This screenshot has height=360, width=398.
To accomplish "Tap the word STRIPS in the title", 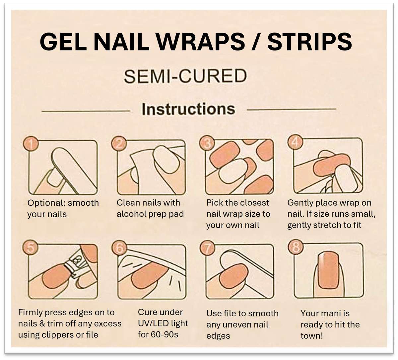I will (309, 42).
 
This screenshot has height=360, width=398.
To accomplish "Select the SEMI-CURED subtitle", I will (185, 76).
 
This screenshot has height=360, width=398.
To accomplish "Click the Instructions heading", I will (188, 109).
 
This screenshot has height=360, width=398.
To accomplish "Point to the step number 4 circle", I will (295, 142).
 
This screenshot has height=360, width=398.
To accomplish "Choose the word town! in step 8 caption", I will (311, 335).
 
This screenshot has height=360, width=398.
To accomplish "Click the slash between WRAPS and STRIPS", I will (254, 42).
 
